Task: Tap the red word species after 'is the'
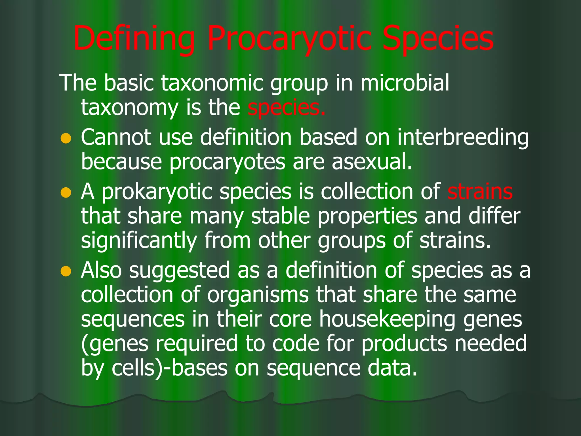pos(286,108)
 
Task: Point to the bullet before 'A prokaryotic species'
pos(66,193)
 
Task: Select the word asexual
pos(372,162)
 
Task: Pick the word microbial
pos(405,83)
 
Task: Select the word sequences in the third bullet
pos(133,319)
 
